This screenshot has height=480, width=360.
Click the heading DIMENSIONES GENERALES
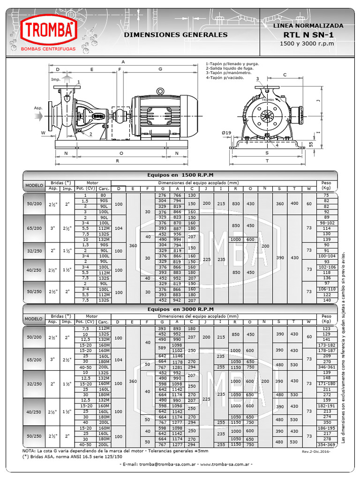tap(176, 35)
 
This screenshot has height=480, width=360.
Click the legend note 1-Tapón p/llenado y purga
tap(232, 63)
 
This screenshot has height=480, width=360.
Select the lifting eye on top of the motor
tap(160, 91)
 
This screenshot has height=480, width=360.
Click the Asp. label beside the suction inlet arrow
tap(38, 108)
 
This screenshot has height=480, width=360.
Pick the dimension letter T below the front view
tap(267, 160)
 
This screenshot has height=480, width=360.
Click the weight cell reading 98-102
tap(327, 223)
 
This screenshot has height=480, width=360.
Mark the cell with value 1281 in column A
tap(177, 367)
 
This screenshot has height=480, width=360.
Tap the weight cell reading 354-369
tap(327, 444)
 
